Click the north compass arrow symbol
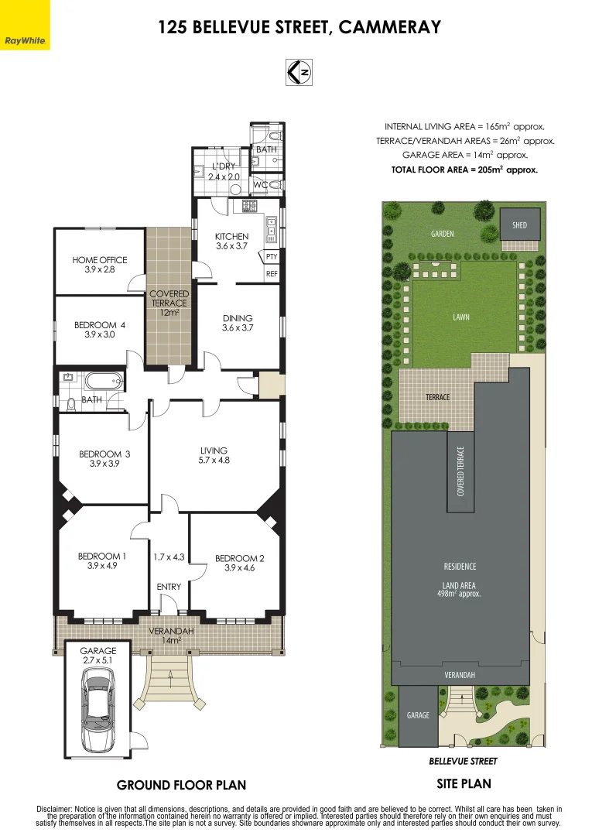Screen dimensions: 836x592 click(x=298, y=72)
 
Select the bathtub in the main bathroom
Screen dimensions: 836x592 click(x=103, y=382)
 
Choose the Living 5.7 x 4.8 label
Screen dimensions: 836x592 click(x=214, y=455)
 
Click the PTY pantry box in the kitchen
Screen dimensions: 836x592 click(x=272, y=256)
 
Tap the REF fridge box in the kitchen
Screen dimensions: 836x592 click(x=272, y=274)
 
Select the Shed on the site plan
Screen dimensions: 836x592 click(x=519, y=224)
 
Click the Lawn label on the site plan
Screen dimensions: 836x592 click(x=461, y=317)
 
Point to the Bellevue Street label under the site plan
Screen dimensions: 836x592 click(x=463, y=761)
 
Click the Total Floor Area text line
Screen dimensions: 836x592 click(x=464, y=169)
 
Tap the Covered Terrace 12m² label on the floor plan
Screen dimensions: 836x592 click(x=169, y=303)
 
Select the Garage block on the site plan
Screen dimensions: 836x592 click(x=418, y=715)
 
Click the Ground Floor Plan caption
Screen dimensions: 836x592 click(x=181, y=785)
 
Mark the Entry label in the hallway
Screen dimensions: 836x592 click(x=169, y=587)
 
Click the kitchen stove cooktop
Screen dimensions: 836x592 click(x=250, y=206)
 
